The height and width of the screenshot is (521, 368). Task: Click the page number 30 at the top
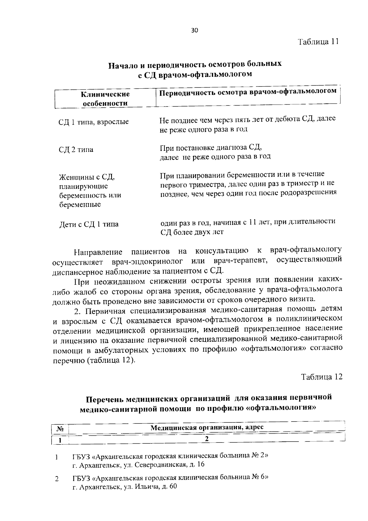click(195, 30)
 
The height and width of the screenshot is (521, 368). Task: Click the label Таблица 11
click(318, 42)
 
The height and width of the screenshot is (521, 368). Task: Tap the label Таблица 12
click(321, 377)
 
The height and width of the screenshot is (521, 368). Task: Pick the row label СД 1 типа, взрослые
click(94, 122)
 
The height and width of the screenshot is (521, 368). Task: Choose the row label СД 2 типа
click(76, 150)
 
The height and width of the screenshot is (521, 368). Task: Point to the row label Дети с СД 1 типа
click(89, 224)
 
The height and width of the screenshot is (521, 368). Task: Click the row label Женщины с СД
click(87, 177)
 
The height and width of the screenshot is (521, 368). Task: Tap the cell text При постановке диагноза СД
click(210, 147)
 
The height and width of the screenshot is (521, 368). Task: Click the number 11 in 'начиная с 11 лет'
click(252, 222)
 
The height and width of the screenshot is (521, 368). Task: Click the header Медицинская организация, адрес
click(207, 427)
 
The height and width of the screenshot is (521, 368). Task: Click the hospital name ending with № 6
click(170, 478)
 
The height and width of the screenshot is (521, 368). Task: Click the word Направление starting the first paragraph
click(98, 253)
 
